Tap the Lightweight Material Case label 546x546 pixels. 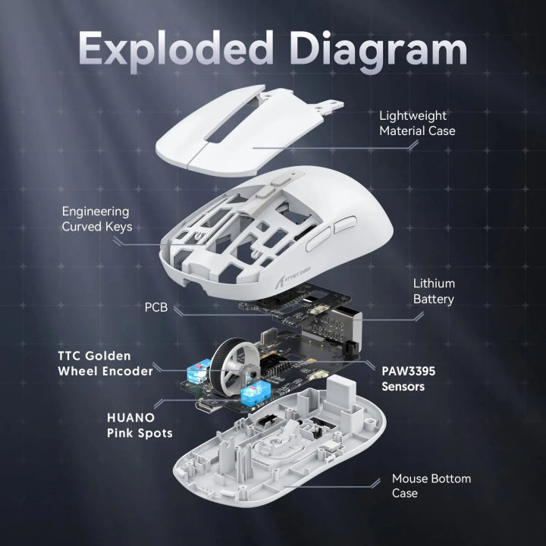423,123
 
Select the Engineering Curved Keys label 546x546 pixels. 96,220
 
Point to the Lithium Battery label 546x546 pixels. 433,291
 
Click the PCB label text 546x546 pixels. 157,309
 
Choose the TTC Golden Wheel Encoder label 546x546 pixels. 105,363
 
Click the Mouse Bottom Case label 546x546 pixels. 431,487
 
